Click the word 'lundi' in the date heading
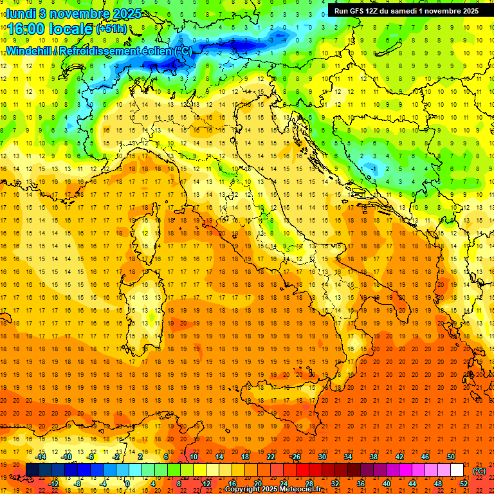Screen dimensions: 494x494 [x=21, y=14]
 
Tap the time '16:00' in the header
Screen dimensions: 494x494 [x=26, y=29]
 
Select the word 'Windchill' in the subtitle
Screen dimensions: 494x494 [x=32, y=51]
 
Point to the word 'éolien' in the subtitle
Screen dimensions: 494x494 [x=155, y=51]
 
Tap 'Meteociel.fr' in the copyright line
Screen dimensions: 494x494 [x=295, y=489]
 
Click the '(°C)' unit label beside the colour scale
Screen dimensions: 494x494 [x=479, y=471]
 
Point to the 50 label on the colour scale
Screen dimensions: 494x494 [x=451, y=457]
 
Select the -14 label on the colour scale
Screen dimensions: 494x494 [x=41, y=457]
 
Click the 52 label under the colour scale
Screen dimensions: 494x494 [x=463, y=484]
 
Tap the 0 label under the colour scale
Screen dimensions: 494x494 [x=127, y=484]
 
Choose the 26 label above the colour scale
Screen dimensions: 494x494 [x=296, y=457]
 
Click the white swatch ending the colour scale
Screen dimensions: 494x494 [x=457, y=470]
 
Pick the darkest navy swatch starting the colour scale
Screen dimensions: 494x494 [x=32, y=470]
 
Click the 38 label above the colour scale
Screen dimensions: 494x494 [x=374, y=457]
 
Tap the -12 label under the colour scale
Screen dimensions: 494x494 [x=53, y=484]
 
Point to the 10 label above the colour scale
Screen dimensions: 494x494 [x=193, y=457]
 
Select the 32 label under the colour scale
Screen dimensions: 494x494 [x=334, y=484]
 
